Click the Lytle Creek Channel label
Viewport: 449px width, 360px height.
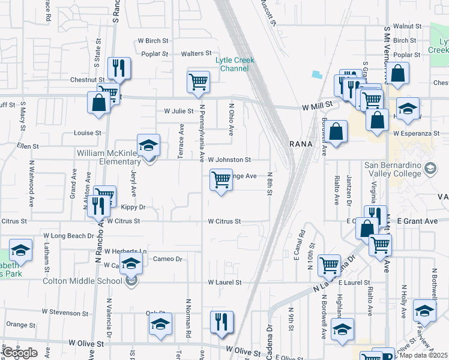(235, 64)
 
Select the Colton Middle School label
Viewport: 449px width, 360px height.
(82, 281)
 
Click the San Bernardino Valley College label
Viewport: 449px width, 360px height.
(395, 169)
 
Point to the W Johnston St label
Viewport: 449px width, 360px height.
(229, 160)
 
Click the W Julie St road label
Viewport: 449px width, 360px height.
(179, 111)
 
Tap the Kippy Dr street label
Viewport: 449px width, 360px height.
(133, 207)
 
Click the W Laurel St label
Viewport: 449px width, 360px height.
(224, 282)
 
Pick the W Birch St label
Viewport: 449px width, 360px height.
(153, 41)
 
